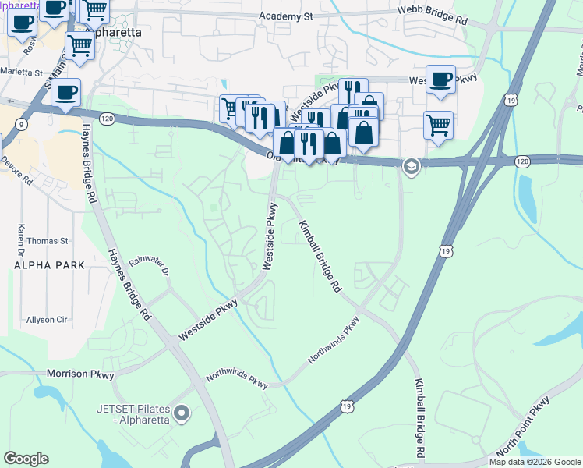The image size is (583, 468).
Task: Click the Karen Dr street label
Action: point(21,233)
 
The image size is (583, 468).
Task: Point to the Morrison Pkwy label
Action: point(80,374)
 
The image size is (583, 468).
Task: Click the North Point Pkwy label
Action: point(521,426)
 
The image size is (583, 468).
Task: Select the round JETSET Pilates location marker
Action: point(182,413)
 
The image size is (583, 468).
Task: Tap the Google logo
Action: point(26,459)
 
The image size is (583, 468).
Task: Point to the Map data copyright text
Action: point(535,462)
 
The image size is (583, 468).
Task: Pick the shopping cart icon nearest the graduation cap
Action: point(439,125)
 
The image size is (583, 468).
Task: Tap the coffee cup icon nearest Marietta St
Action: point(65,93)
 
